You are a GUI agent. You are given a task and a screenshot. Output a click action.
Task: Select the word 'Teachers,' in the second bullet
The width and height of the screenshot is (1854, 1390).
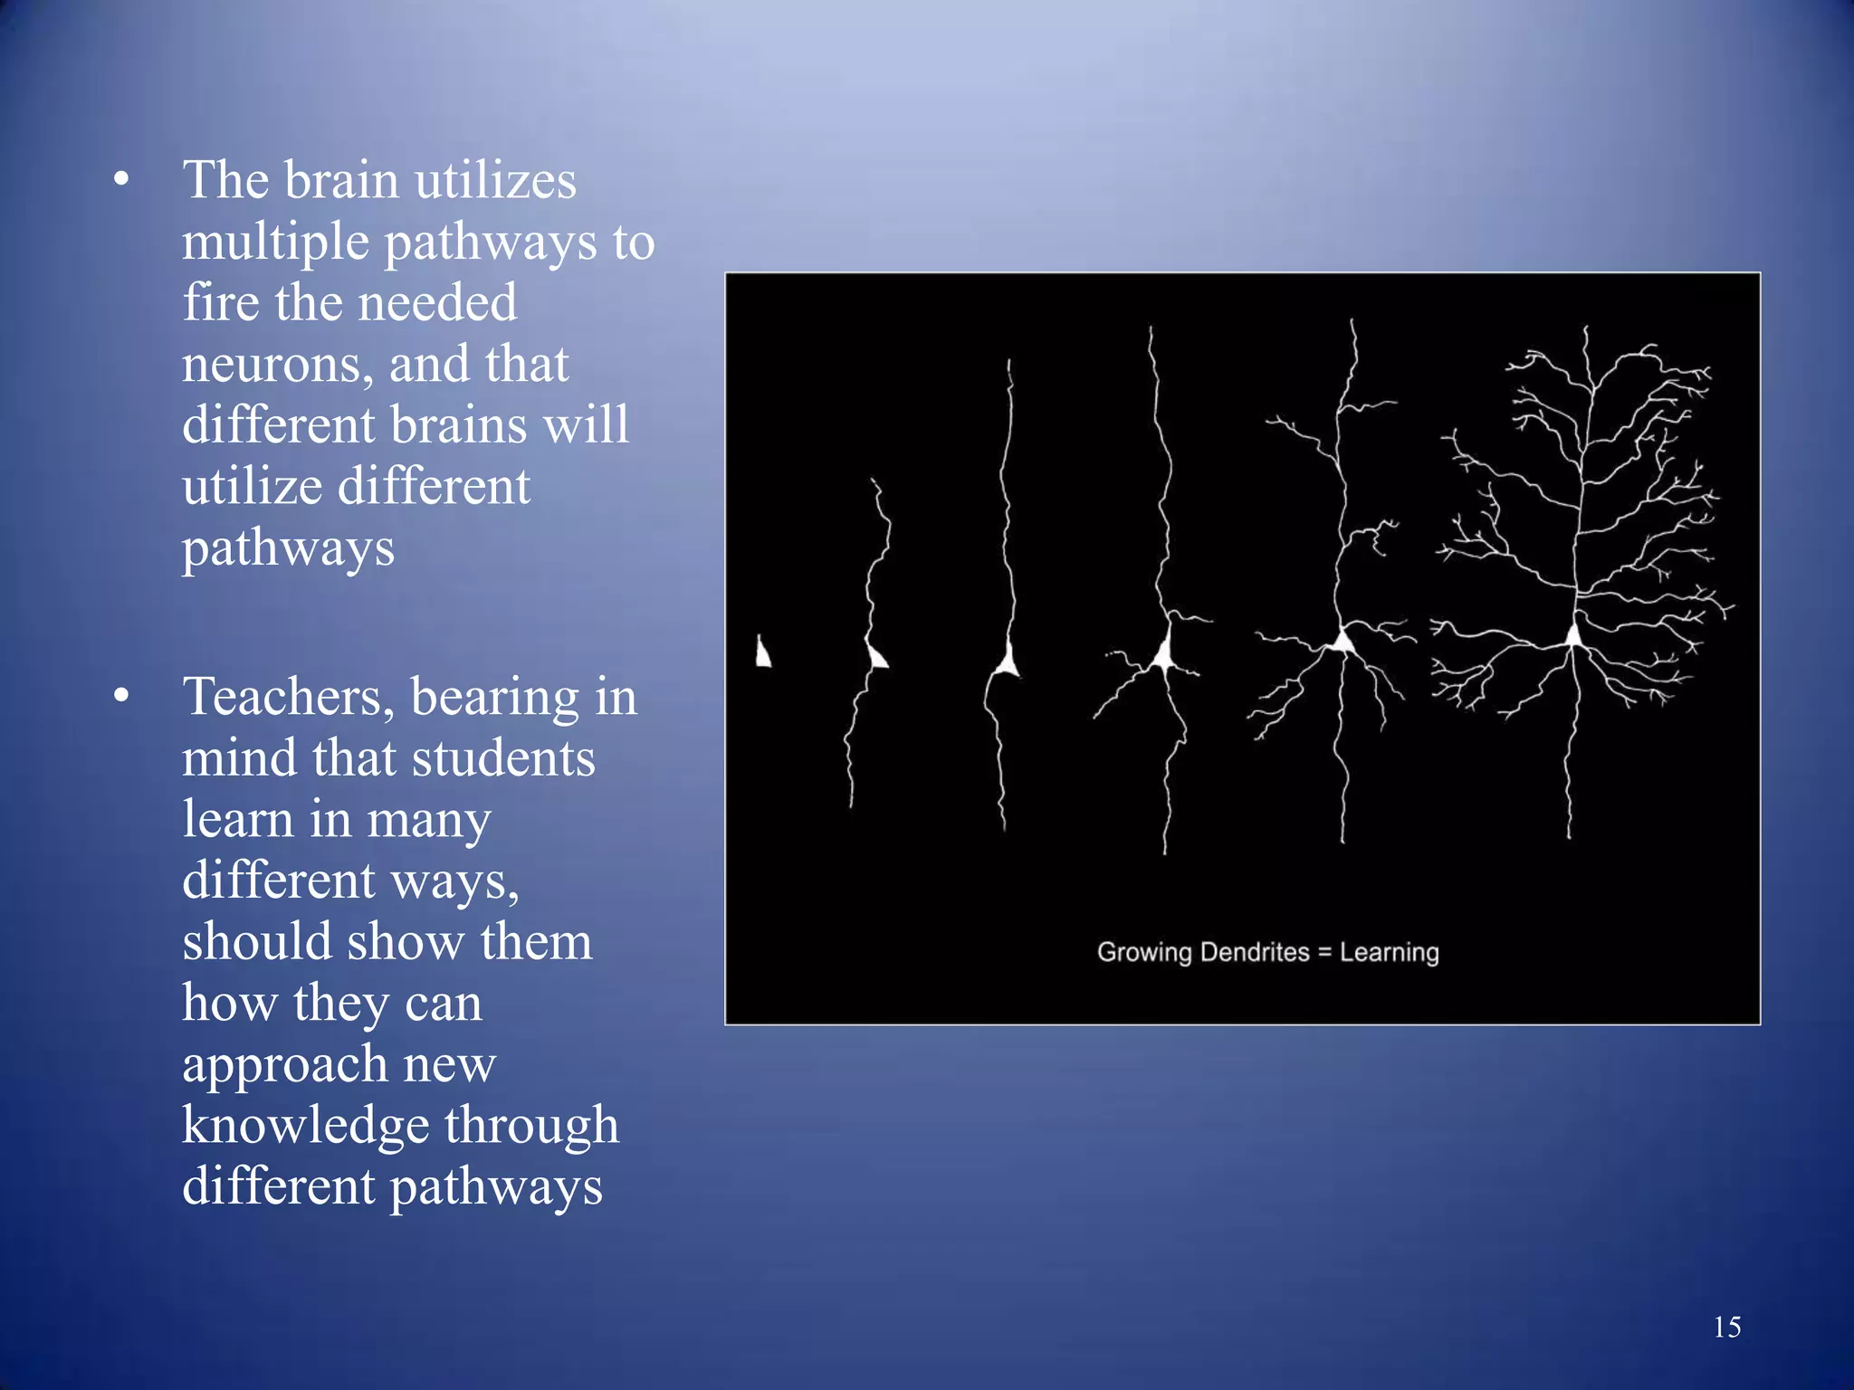coord(289,697)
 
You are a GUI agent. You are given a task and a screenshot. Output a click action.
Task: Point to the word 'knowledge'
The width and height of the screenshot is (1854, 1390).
coord(305,1125)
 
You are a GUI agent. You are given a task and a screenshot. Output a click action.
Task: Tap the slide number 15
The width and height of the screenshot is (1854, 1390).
coord(1726,1327)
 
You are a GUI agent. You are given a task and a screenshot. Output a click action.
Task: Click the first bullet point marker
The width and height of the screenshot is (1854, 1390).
coord(121,179)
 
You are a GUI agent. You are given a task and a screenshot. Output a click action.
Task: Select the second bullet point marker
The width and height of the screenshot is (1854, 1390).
coord(121,696)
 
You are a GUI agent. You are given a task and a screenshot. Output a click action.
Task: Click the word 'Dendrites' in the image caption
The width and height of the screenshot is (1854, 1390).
coord(1254,952)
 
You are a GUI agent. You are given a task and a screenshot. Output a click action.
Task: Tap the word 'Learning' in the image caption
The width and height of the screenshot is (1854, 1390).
coord(1389,952)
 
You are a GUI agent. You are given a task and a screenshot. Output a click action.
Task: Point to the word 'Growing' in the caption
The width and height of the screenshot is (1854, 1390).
coord(1144,953)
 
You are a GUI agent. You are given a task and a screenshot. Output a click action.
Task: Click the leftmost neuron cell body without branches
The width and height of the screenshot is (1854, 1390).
coord(763,652)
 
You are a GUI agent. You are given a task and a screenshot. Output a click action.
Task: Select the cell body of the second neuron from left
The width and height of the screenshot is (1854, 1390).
coord(876,655)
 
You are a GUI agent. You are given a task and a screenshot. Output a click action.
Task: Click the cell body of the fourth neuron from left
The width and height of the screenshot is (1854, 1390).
coord(1163,652)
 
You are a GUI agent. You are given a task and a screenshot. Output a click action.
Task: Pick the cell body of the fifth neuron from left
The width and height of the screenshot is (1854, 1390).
coord(1343,642)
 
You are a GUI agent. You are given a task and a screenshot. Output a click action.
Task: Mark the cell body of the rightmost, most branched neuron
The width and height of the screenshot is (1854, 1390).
coord(1574,635)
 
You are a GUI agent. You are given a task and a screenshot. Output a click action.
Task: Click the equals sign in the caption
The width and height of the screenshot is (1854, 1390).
coord(1324,953)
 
